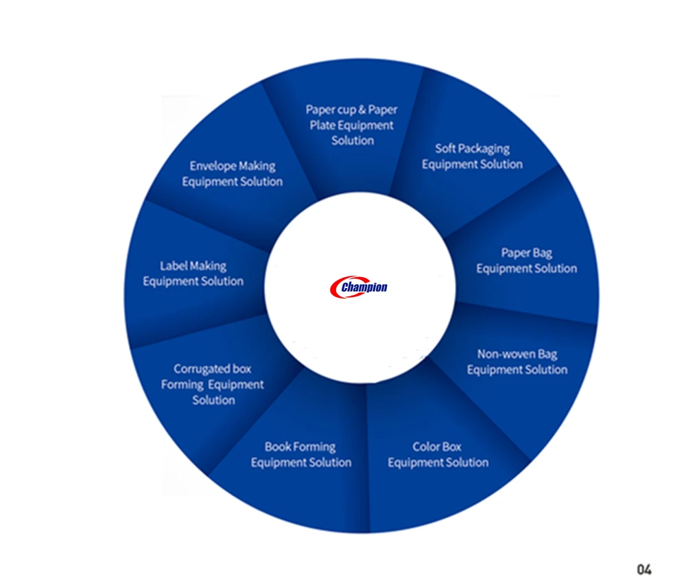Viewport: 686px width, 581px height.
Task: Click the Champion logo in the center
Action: point(359,287)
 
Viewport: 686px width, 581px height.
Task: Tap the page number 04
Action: point(643,569)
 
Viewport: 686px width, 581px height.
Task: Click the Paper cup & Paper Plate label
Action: point(351,125)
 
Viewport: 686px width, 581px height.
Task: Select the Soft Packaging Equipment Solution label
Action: point(472,156)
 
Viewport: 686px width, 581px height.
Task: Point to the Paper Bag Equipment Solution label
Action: point(526,261)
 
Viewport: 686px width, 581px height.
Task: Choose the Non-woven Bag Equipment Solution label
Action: point(517,362)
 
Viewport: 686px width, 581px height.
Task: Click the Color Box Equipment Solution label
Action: point(438,455)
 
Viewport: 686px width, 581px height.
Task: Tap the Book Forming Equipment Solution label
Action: point(300,455)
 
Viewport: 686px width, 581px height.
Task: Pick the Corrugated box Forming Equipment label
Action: point(213,385)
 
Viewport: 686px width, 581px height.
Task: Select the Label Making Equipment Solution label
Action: point(193,273)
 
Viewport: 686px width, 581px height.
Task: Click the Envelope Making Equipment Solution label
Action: point(232,174)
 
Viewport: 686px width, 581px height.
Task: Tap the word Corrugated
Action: point(202,369)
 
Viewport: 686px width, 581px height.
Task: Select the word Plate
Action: point(322,126)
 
